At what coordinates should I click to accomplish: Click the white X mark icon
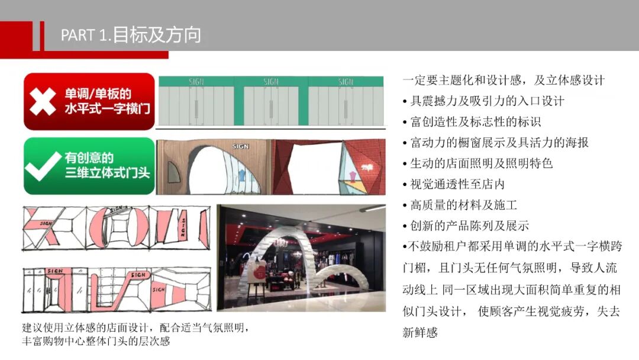click(x=43, y=101)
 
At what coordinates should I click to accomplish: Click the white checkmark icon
click(x=43, y=166)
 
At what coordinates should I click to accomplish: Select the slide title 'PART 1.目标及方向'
click(x=131, y=35)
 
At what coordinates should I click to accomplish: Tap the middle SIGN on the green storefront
click(x=270, y=82)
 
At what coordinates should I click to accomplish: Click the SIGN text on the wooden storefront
click(x=240, y=146)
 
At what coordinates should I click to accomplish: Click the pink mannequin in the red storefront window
click(x=353, y=176)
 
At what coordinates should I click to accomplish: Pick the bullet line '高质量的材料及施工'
click(x=460, y=205)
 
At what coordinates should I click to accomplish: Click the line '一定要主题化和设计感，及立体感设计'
click(x=504, y=80)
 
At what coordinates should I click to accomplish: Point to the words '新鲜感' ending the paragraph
click(x=420, y=332)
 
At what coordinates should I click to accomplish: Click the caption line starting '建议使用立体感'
click(x=136, y=327)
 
